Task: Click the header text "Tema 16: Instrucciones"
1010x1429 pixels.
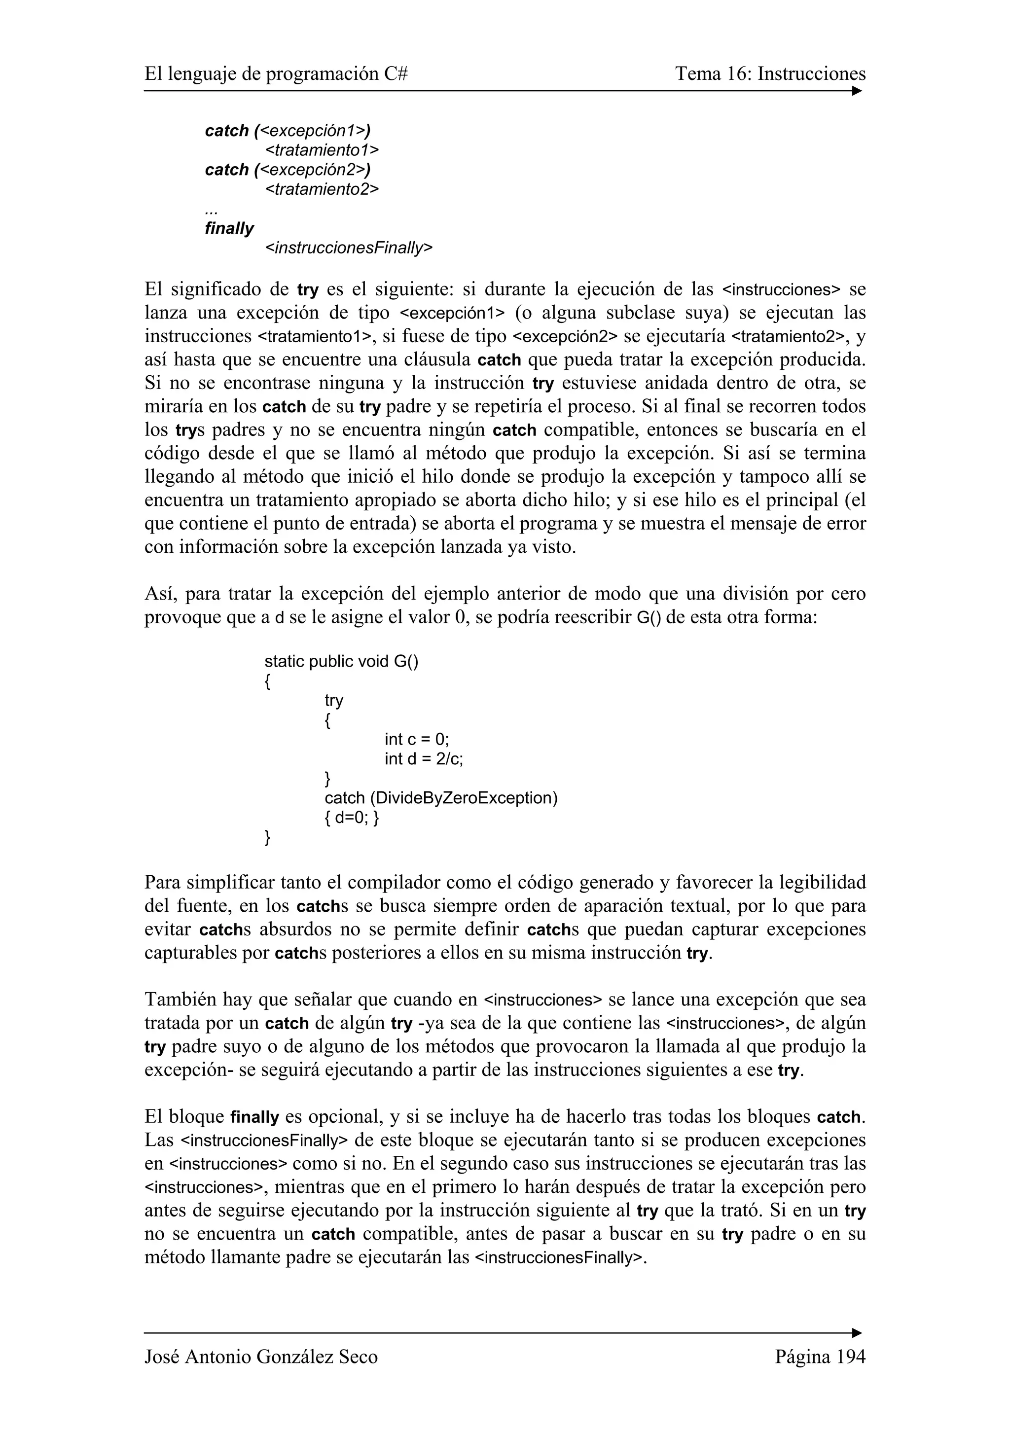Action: [770, 74]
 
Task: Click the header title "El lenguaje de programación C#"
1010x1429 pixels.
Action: [276, 74]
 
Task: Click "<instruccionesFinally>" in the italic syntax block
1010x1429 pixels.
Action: [349, 248]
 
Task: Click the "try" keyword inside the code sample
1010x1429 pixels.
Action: [333, 700]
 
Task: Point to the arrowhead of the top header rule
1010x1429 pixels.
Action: [857, 91]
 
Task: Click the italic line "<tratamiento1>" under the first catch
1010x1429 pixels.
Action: [322, 150]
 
